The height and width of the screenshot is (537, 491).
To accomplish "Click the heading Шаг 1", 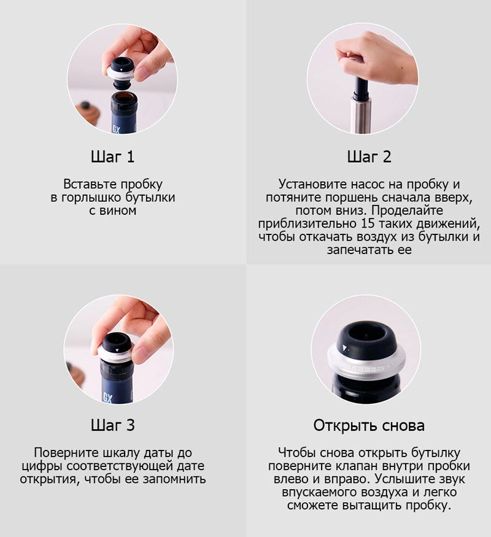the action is click(113, 156).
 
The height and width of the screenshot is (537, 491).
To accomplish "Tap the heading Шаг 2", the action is click(369, 156).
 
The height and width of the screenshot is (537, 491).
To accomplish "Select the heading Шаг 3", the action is click(113, 425).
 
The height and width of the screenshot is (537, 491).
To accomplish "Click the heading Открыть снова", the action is click(369, 425).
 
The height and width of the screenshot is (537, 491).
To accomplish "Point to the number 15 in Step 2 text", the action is click(368, 223).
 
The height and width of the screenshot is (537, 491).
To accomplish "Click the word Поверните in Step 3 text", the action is click(66, 453).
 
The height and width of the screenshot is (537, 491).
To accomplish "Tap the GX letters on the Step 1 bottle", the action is click(117, 129).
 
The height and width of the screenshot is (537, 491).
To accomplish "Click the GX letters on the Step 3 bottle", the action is click(108, 398).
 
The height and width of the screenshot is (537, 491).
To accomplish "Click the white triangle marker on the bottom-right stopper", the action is click(345, 349).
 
